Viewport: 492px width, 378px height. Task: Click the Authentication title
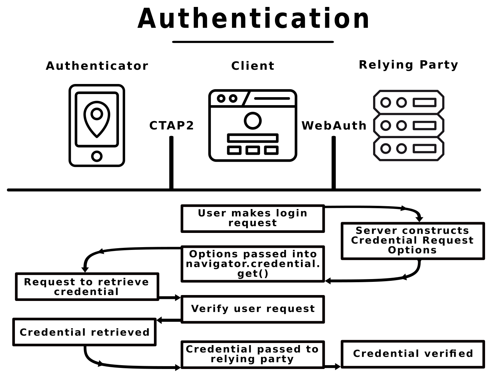[x=253, y=19]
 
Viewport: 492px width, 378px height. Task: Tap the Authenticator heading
[x=97, y=66]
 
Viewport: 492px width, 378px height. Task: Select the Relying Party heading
[x=408, y=65]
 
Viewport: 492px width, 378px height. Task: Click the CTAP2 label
[x=172, y=126]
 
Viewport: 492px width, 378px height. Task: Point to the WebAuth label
[x=334, y=126]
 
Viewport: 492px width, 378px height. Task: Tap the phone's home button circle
[x=97, y=156]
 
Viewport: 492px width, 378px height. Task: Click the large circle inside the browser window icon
[x=252, y=121]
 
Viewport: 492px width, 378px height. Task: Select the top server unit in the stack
[x=408, y=102]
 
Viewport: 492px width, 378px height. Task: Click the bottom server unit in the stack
[x=408, y=149]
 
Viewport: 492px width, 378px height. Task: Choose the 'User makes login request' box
[x=253, y=218]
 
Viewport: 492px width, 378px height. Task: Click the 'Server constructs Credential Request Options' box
[x=413, y=241]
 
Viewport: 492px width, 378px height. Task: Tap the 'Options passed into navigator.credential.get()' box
[x=253, y=264]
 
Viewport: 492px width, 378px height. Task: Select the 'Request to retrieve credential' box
[x=87, y=287]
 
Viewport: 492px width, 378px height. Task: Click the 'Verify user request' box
[x=253, y=309]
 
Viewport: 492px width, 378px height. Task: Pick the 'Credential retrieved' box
[x=85, y=332]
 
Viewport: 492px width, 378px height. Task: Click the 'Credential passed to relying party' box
[x=253, y=354]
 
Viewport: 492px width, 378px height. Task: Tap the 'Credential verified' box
[x=413, y=354]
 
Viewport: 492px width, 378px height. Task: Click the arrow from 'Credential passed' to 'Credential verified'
[x=333, y=367]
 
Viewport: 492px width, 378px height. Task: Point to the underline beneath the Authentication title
[x=253, y=42]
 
